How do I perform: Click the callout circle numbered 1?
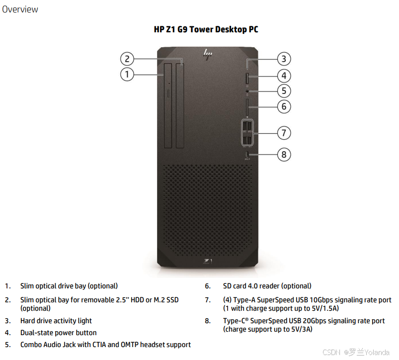(x=127, y=75)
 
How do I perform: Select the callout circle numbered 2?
(x=127, y=59)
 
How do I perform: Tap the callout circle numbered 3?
(x=283, y=59)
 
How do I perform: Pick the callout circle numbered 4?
(x=283, y=76)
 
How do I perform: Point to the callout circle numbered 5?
(x=283, y=91)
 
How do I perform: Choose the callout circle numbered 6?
(x=283, y=106)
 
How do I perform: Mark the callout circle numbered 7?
(x=283, y=133)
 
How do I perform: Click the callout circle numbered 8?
(x=283, y=155)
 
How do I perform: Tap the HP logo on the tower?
(x=207, y=54)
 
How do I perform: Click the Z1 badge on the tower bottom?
(x=208, y=261)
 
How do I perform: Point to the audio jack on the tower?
(x=247, y=91)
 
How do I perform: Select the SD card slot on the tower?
(x=247, y=106)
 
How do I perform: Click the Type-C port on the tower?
(x=247, y=155)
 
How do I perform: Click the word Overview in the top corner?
(x=20, y=9)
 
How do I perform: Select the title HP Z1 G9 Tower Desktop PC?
(x=206, y=29)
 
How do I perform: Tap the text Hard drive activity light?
(x=56, y=321)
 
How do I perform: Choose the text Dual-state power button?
(x=59, y=333)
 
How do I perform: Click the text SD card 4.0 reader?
(x=267, y=286)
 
